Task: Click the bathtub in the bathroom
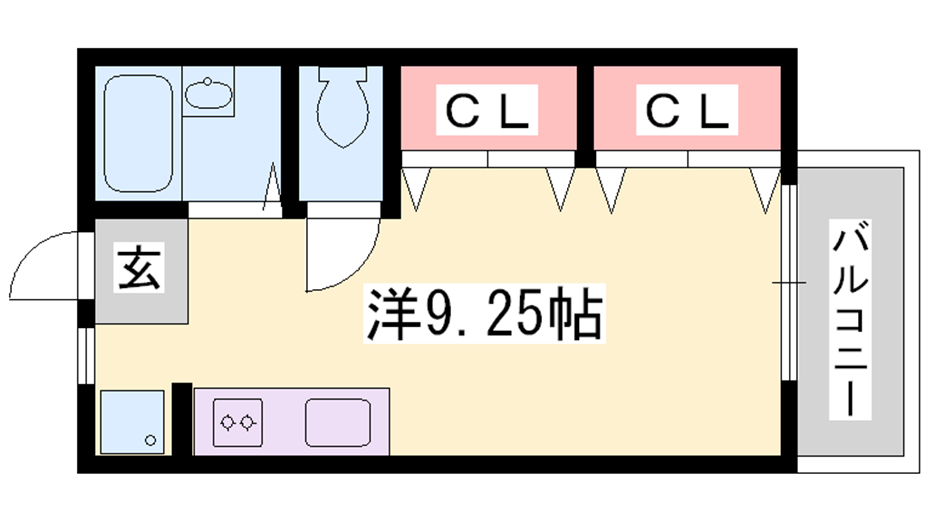138,134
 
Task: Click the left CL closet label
487,110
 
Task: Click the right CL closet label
687,110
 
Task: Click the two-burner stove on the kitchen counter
237,422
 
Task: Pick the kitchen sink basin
338,422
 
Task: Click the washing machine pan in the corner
132,422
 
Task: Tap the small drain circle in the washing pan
151,440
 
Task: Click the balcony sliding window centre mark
789,283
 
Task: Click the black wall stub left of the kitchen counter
182,418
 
